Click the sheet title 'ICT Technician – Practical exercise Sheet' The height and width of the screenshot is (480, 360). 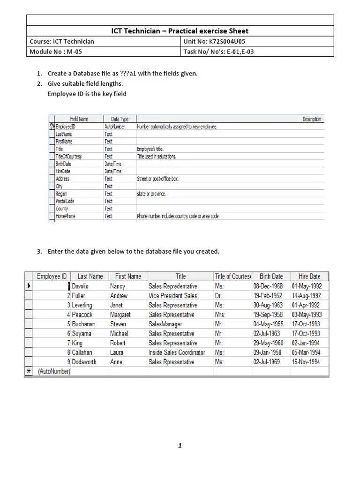tap(180, 31)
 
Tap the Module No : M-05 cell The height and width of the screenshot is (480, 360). tap(55, 52)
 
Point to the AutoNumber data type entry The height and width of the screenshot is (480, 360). tap(115, 127)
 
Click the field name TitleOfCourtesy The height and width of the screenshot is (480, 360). tap(69, 156)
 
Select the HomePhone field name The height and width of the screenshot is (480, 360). tap(65, 216)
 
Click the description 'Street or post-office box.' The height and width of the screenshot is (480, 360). tap(157, 179)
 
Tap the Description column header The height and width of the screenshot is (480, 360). tap(312, 119)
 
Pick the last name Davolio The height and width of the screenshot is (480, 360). tap(80, 286)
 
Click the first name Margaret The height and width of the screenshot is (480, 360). tap(120, 315)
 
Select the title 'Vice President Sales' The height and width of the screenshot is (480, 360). tap(173, 296)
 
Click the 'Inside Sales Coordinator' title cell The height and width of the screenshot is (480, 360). tap(177, 352)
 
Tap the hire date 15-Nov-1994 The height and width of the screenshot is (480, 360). tap(306, 362)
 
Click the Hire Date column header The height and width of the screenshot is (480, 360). tap(309, 276)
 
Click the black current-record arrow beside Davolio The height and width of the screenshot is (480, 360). tap(29, 286)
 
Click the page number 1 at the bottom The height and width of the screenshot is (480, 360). tap(180, 446)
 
